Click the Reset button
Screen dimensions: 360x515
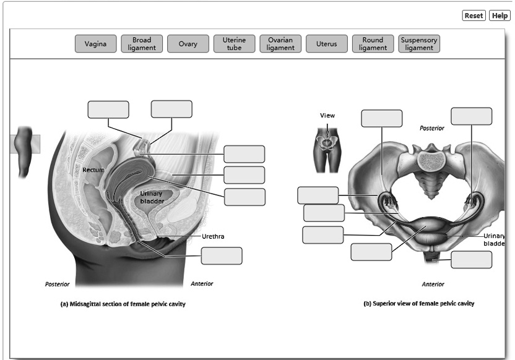[x=474, y=15]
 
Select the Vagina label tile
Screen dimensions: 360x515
[x=95, y=44]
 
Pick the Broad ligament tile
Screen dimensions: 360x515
[x=142, y=44]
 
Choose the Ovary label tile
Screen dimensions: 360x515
[x=188, y=44]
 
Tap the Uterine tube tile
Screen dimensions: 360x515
[x=234, y=44]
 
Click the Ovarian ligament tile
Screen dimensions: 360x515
[x=280, y=44]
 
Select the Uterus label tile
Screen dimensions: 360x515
[x=326, y=44]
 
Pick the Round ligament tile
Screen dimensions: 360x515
[x=373, y=44]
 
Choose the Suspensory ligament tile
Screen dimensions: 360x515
[x=419, y=44]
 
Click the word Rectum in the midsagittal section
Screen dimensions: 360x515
[x=93, y=169]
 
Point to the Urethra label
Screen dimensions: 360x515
[x=212, y=236]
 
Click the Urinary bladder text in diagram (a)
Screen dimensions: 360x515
[x=151, y=197]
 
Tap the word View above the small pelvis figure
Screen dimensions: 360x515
[x=327, y=116]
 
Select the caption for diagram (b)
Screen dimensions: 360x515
[x=418, y=304]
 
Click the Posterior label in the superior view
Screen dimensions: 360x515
[x=431, y=128]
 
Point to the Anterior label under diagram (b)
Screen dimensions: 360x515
[x=433, y=285]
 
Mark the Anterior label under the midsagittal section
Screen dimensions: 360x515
[x=202, y=284]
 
